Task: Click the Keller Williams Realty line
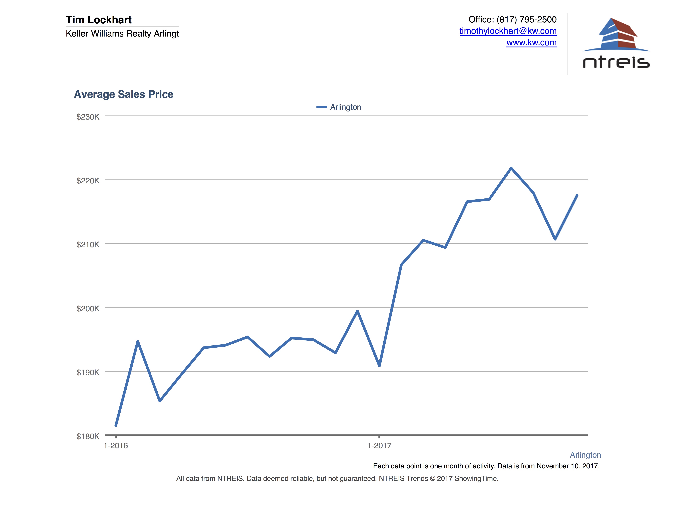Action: point(122,34)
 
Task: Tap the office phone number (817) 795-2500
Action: point(526,19)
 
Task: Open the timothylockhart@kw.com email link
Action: point(508,31)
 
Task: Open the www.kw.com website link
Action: point(532,43)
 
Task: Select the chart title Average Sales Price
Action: point(124,94)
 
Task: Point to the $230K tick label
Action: point(88,117)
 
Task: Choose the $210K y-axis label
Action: point(88,245)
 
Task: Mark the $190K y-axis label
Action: point(88,372)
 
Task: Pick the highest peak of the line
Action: point(511,168)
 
